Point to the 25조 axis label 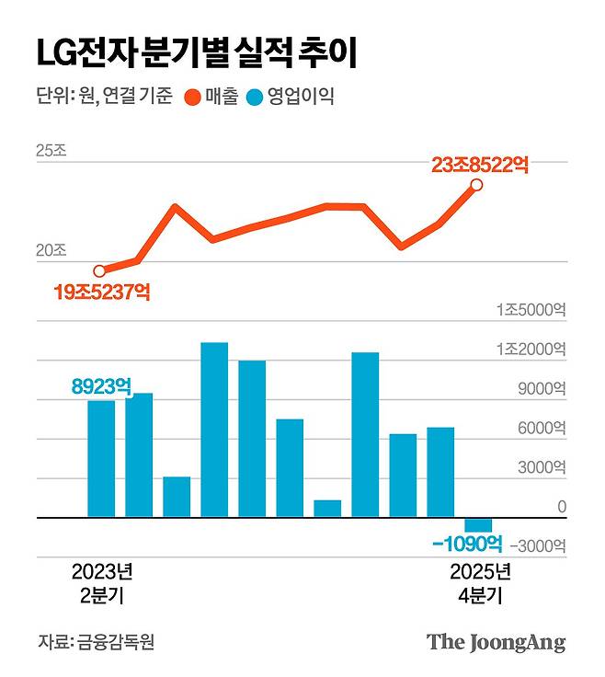(51, 152)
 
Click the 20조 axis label (51, 250)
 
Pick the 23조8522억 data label (479, 166)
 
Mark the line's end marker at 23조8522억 (476, 185)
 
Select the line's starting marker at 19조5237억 (100, 270)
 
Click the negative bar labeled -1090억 (478, 524)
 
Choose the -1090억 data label (467, 544)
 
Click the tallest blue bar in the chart (214, 430)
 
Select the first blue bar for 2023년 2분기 (101, 459)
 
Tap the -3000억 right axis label (534, 546)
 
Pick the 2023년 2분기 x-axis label (102, 583)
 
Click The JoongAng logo (496, 642)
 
